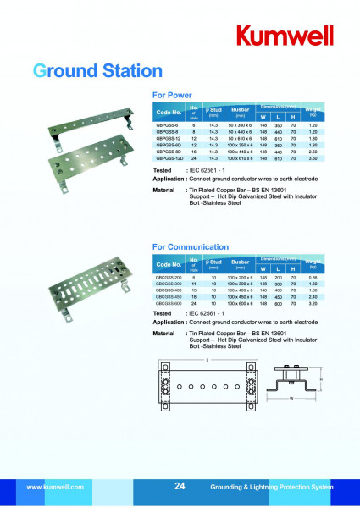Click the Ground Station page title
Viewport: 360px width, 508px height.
(98, 71)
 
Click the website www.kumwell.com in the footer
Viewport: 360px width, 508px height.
(55, 488)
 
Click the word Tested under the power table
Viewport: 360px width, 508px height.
(162, 170)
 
